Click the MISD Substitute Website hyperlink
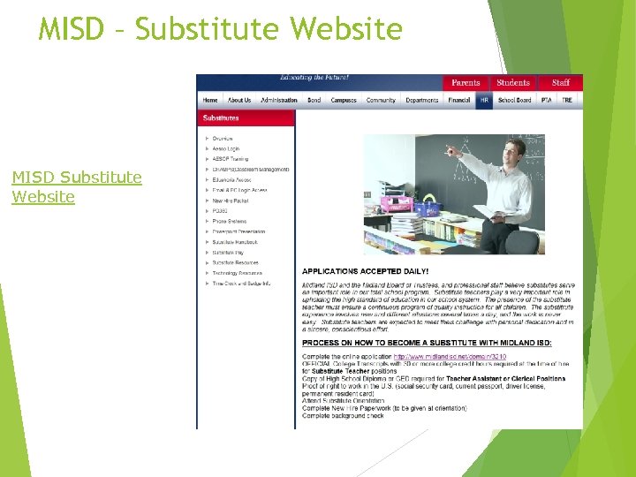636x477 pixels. (76, 186)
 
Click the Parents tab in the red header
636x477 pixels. (466, 83)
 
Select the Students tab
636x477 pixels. (513, 83)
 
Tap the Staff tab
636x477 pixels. (561, 83)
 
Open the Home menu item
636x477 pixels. (210, 101)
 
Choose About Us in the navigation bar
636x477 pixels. (239, 101)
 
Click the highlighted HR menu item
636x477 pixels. (484, 101)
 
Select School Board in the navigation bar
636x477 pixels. (515, 101)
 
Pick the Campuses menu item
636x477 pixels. (344, 101)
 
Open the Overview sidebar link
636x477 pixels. (223, 139)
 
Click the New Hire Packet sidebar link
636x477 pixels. (229, 201)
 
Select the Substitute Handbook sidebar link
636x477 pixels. (235, 242)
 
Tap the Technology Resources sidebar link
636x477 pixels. (238, 273)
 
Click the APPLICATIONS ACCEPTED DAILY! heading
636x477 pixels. (366, 270)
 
